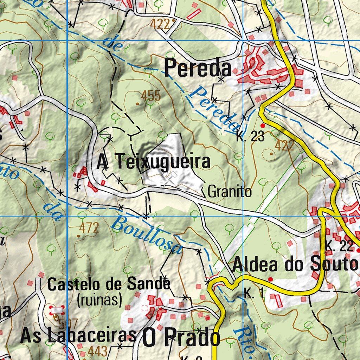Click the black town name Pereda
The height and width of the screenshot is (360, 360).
(198, 68)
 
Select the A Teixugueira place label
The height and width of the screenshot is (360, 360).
(154, 162)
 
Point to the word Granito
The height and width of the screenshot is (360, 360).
(230, 192)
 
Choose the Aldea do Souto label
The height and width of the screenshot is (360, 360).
(295, 264)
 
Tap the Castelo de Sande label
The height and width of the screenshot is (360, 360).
(109, 284)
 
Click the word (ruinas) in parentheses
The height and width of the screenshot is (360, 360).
(99, 300)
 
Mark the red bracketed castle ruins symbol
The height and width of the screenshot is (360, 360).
(57, 310)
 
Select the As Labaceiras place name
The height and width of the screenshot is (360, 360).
(78, 336)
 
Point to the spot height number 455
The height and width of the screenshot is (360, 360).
(151, 95)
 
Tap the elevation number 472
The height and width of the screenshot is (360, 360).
(89, 228)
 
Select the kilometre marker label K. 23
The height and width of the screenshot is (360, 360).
(250, 137)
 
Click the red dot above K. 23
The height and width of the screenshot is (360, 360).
(262, 126)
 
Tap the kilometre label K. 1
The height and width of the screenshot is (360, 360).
(254, 294)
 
